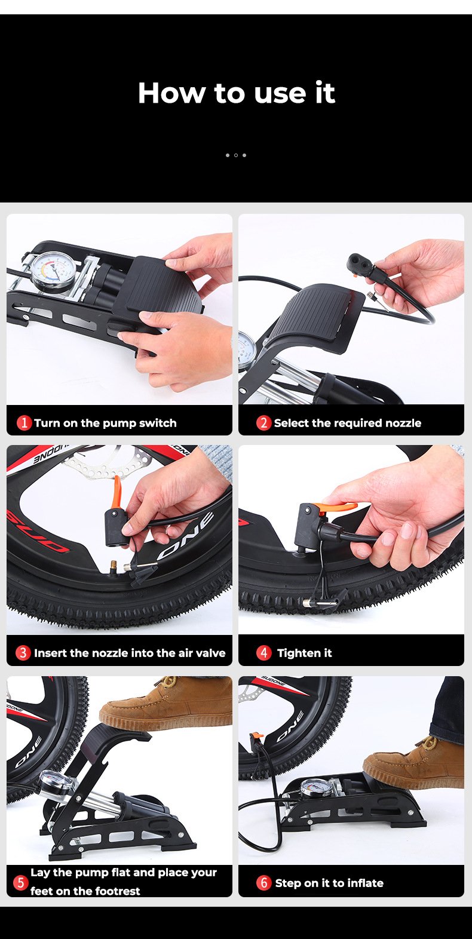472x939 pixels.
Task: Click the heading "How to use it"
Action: click(237, 93)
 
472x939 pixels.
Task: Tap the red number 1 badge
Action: click(24, 422)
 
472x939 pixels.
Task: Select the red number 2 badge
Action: click(263, 422)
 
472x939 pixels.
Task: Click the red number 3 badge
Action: click(23, 653)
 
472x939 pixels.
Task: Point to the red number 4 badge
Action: click(263, 653)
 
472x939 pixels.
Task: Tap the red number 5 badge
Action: click(20, 882)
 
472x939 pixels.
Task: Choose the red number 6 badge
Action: click(263, 882)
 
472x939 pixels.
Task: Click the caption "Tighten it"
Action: click(304, 653)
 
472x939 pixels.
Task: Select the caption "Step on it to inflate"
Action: click(329, 883)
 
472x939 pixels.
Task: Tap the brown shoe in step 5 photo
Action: click(166, 703)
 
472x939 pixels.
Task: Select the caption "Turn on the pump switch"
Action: click(105, 423)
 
